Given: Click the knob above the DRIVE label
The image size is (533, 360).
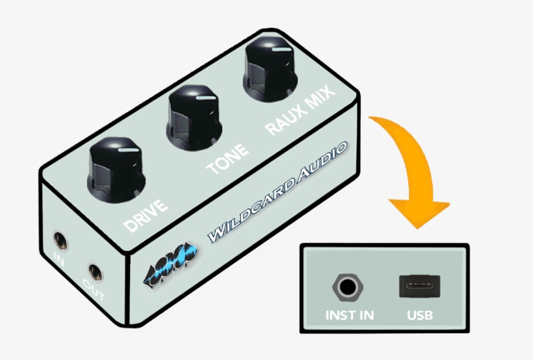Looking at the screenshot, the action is click(116, 170).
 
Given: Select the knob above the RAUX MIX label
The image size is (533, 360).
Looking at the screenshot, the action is click(270, 69).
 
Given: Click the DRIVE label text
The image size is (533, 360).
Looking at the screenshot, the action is click(146, 216).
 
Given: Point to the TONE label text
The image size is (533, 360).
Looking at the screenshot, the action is click(227, 159).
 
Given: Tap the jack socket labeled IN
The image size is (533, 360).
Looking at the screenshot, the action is click(60, 241).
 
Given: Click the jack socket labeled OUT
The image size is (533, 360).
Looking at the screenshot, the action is click(95, 272).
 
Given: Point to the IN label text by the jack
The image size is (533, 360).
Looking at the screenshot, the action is click(58, 259).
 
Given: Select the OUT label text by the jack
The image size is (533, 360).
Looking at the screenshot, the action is click(94, 290).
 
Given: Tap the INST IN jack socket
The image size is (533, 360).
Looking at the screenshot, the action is click(348, 287).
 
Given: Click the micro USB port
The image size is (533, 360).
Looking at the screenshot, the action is click(419, 286).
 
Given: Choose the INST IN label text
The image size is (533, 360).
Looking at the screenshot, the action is click(350, 315).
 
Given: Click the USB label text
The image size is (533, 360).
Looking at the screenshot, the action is click(420, 315).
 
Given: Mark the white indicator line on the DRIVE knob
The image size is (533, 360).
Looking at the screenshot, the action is click(129, 150).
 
